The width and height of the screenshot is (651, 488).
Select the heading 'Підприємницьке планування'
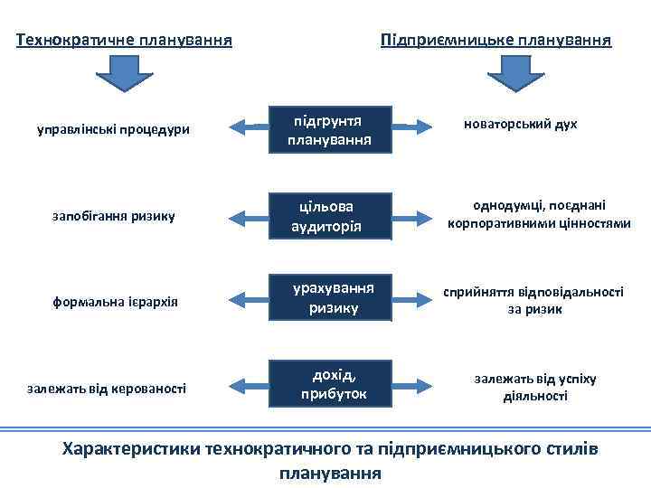(496, 40)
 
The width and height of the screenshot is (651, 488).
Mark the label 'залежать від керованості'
(107, 389)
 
